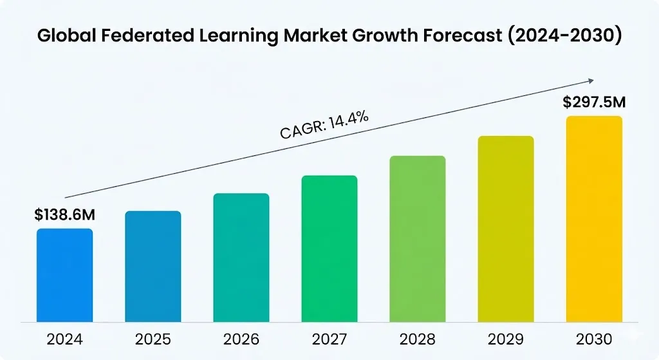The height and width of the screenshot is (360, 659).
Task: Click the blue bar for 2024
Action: point(64,275)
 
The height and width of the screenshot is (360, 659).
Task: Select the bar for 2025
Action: point(153,266)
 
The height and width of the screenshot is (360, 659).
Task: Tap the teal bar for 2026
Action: point(241,258)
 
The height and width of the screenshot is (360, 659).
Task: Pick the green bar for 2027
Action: point(329,249)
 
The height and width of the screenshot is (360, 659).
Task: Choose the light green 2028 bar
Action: point(418,239)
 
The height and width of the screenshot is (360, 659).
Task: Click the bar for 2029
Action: point(506,229)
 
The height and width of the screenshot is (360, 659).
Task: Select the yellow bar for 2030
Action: point(594,219)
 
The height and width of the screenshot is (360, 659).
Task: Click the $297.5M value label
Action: point(594,102)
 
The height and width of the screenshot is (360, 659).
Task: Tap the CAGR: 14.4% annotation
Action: point(324,125)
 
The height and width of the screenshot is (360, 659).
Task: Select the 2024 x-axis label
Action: point(64,339)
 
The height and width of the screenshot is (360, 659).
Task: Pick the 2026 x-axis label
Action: point(241,339)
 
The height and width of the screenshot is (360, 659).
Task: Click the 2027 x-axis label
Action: point(329,339)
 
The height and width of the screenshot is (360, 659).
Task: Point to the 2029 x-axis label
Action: point(506,339)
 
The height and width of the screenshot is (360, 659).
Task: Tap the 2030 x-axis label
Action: point(594,339)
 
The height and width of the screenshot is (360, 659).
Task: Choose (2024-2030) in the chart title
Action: point(563,36)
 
